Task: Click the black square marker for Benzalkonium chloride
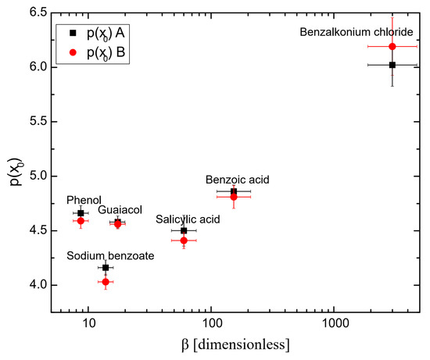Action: tap(392, 65)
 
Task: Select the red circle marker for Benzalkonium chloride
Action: tap(392, 47)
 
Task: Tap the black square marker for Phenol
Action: tap(81, 213)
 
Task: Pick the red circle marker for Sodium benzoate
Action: tap(106, 281)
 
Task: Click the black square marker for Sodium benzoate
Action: tap(106, 268)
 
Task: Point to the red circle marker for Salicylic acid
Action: tap(184, 241)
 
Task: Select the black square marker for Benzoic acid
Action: tap(234, 191)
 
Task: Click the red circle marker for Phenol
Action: tap(81, 221)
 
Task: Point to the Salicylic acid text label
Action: tap(188, 219)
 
